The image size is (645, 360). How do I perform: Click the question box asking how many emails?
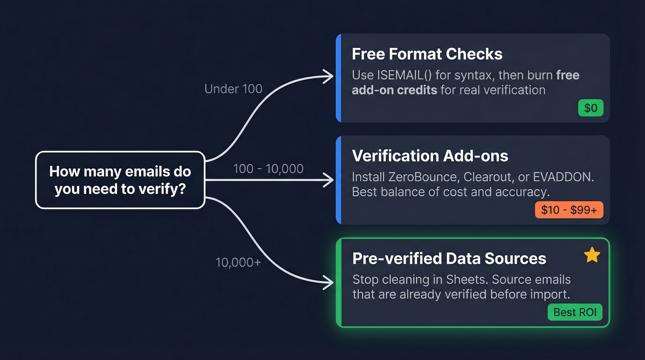(120, 180)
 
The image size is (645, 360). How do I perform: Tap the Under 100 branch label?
(233, 89)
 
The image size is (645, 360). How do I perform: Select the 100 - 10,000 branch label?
(268, 169)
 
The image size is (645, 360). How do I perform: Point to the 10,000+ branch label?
(238, 262)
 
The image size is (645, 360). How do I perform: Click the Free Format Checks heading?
(427, 54)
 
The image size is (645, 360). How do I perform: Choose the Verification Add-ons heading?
(430, 156)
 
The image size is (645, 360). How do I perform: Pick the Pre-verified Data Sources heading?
(449, 258)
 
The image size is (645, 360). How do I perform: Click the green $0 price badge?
(591, 108)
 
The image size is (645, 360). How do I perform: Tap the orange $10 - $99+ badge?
(569, 210)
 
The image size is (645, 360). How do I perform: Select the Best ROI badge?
(575, 312)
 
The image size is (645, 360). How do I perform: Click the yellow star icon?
(592, 255)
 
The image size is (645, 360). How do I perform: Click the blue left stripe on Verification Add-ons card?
(339, 180)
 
